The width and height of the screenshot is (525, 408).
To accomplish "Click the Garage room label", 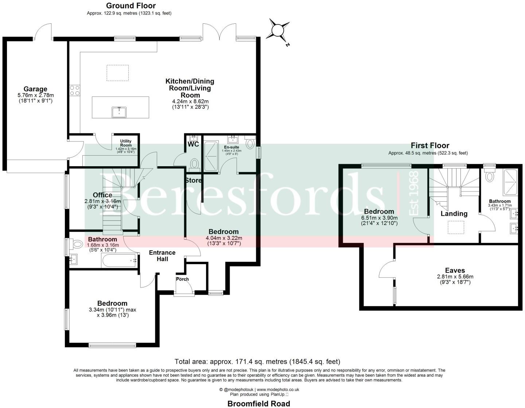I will [35, 89].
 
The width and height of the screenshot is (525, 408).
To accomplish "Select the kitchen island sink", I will [119, 112].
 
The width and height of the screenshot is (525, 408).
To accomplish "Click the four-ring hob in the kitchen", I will [75, 90].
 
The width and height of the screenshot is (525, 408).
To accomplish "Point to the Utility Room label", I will [126, 143].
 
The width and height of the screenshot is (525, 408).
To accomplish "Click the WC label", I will [193, 144].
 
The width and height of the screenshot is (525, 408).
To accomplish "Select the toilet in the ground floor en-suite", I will [250, 144].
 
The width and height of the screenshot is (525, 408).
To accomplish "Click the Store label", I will [193, 180].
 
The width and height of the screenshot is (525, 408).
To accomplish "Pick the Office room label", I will [102, 195].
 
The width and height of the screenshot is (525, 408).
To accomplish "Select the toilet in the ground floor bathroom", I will [77, 243].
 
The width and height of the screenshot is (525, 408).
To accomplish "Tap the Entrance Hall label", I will [162, 256].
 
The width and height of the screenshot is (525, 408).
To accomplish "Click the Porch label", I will [182, 279].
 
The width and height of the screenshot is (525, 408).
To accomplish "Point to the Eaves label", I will [455, 271].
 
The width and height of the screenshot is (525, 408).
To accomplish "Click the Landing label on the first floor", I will [454, 214].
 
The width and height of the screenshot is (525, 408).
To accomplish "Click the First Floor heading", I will [430, 145].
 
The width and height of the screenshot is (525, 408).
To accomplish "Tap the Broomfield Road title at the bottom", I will [258, 403].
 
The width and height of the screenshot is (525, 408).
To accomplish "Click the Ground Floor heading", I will [131, 5].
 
